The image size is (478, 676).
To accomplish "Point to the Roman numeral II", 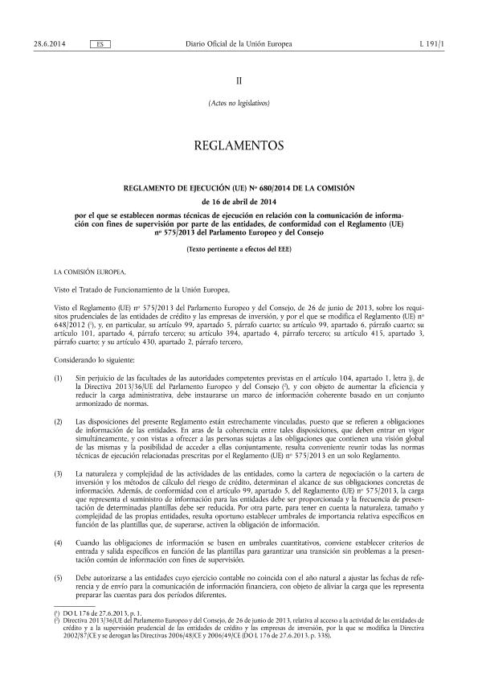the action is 239,81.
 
